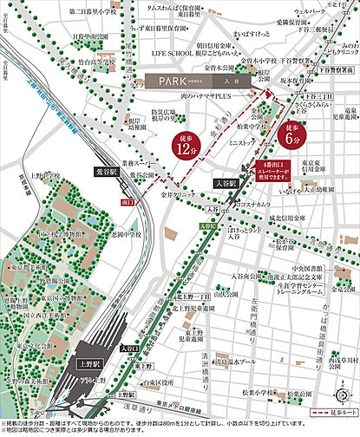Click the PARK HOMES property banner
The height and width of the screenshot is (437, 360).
tap(197, 79)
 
